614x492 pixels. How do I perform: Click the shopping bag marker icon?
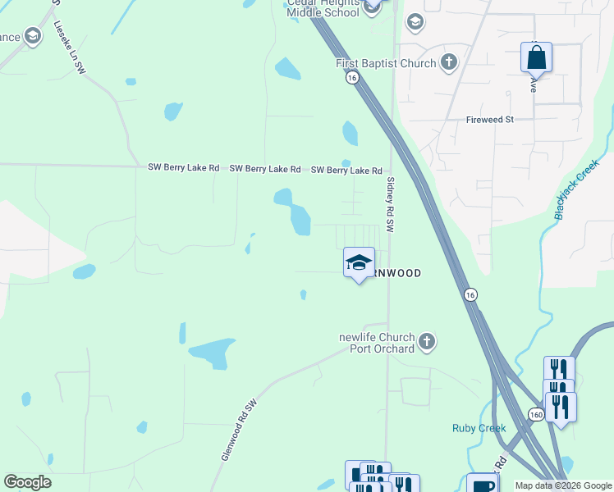pyautogui.click(x=536, y=58)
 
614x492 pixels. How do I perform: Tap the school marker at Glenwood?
pyautogui.click(x=359, y=262)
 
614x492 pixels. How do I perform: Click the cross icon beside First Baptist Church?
pyautogui.click(x=448, y=62)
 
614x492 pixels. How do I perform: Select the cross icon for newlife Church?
pyautogui.click(x=426, y=341)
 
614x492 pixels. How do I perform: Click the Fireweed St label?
pyautogui.click(x=489, y=120)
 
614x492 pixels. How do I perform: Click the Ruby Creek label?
pyautogui.click(x=479, y=428)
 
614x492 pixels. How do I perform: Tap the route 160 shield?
pyautogui.click(x=534, y=415)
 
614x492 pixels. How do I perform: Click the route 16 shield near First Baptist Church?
pyautogui.click(x=351, y=77)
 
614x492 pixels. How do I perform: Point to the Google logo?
pyautogui.click(x=27, y=482)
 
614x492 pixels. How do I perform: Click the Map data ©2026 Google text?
pyautogui.click(x=563, y=485)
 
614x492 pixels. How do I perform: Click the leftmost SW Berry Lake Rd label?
pyautogui.click(x=183, y=168)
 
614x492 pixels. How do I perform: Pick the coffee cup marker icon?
pyautogui.click(x=482, y=485)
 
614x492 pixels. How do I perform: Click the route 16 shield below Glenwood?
pyautogui.click(x=470, y=294)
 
